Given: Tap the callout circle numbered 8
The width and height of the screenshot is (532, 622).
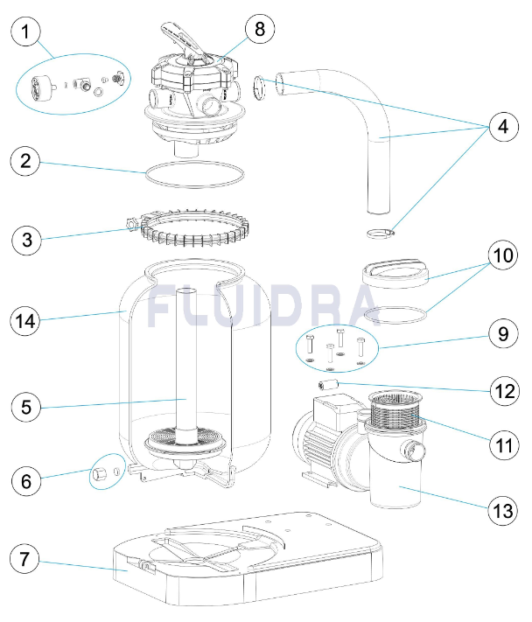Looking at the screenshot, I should (259, 28).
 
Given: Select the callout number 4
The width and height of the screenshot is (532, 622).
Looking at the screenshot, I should (501, 128).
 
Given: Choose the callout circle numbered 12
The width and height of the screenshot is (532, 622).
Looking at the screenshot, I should (501, 391).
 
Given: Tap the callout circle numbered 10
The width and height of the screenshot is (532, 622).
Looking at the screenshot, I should (501, 257).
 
